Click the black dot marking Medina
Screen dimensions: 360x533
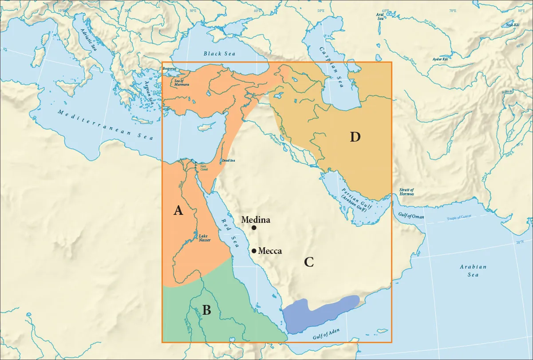coord(254,228)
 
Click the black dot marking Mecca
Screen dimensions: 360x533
coord(253,251)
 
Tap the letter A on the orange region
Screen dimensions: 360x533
coord(178,211)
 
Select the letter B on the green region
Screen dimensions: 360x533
coord(206,310)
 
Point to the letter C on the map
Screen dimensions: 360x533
coord(309,262)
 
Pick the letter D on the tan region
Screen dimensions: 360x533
coord(355,137)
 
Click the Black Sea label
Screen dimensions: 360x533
coord(219,54)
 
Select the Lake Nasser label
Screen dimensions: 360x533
coord(204,238)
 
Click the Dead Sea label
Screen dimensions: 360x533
coord(229,160)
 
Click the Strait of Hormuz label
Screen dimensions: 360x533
coord(407,192)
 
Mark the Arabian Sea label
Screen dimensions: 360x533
coord(473,271)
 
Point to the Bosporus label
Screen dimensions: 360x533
coord(170,69)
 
